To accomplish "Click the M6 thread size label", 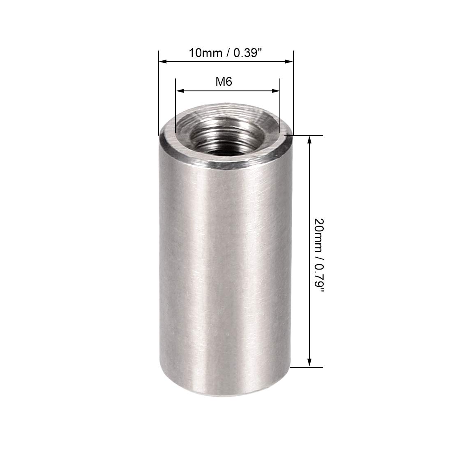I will click(224, 82).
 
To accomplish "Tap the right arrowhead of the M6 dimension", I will click(276, 91).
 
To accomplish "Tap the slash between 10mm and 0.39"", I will click(224, 53).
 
